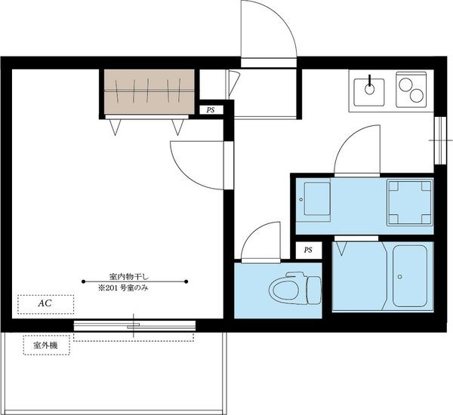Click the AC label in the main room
pyautogui.click(x=45, y=303)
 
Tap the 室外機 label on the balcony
pyautogui.click(x=45, y=345)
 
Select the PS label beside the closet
pyautogui.click(x=211, y=110)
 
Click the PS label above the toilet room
pyautogui.click(x=308, y=250)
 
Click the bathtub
pyautogui.click(x=410, y=276)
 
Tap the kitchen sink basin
pyautogui.click(x=369, y=92)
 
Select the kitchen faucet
pyautogui.click(x=369, y=85)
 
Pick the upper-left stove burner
pyautogui.click(x=405, y=85)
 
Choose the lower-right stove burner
pyautogui.click(x=416, y=95)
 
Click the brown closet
pyautogui.click(x=149, y=92)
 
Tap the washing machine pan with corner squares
pyautogui.click(x=410, y=202)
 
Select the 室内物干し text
pyautogui.click(x=129, y=276)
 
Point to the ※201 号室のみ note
pyautogui.click(x=123, y=288)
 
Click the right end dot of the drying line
pyautogui.click(x=186, y=281)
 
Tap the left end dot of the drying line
pyautogui.click(x=83, y=281)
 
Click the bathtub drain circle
pyautogui.click(x=400, y=277)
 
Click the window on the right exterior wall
pyautogui.click(x=440, y=140)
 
